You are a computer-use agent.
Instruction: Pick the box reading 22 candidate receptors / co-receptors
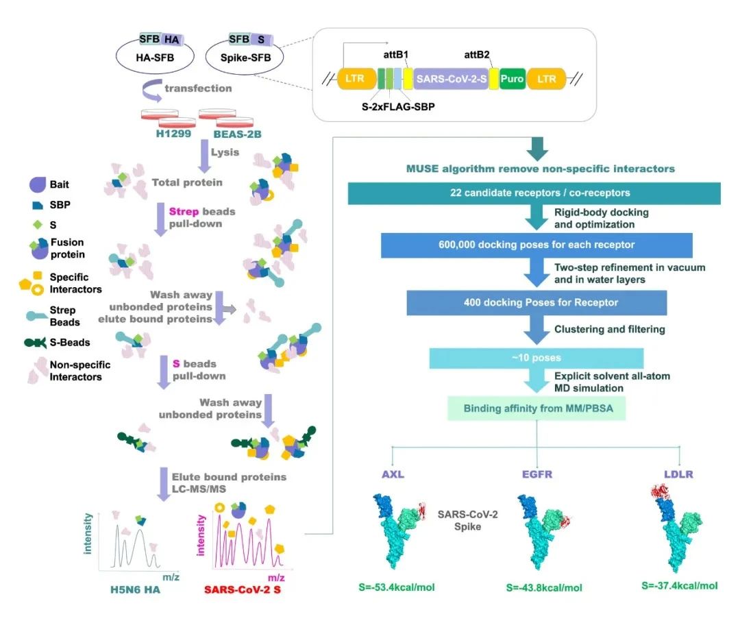pos(534,193)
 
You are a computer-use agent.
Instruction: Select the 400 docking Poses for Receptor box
pos(536,302)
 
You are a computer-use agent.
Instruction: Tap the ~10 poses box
pos(536,358)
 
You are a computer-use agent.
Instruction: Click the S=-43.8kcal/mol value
pos(544,587)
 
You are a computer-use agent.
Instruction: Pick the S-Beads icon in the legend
pos(36,343)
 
